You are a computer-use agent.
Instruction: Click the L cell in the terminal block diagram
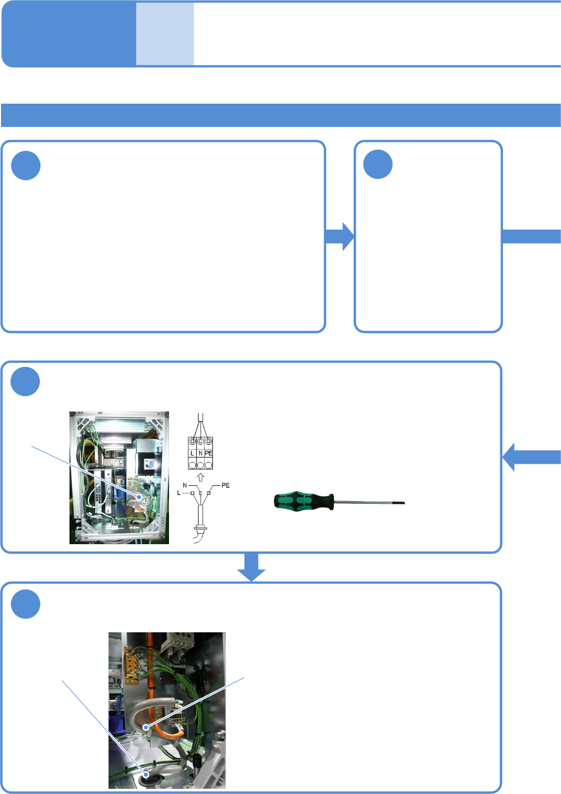click(x=192, y=453)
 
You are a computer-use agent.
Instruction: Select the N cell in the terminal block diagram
click(x=201, y=453)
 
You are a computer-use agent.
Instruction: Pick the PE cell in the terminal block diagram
click(x=208, y=453)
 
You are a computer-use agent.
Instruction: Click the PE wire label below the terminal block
click(x=226, y=485)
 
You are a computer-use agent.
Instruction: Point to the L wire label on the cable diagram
click(x=179, y=493)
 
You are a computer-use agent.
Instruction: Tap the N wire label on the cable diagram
click(x=185, y=486)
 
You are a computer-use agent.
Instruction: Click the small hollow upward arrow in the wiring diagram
click(x=201, y=477)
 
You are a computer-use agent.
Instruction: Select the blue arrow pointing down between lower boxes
click(x=251, y=566)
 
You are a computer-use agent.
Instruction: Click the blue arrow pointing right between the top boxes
click(x=340, y=236)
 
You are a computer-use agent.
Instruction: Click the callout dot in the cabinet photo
click(x=139, y=497)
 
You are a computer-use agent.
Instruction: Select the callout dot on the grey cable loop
click(x=147, y=727)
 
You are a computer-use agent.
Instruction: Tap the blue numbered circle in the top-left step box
click(x=26, y=166)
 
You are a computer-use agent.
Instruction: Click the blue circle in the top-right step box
click(x=378, y=165)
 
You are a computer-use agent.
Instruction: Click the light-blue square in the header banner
click(x=165, y=34)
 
